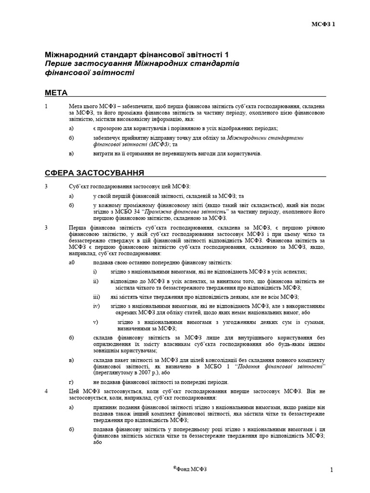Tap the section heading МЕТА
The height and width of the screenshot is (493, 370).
[x=56, y=92]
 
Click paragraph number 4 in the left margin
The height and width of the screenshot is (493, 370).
[x=46, y=391]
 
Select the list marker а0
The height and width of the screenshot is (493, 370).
[x=72, y=262]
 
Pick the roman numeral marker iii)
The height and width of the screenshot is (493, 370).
[x=96, y=297]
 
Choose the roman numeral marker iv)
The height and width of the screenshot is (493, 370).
[x=96, y=306]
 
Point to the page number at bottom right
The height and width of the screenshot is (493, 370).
[x=331, y=469]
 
